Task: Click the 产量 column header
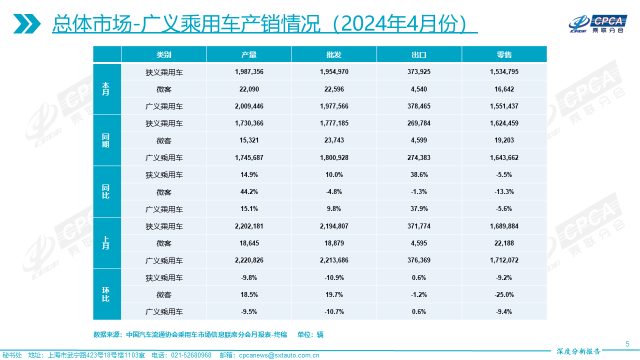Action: (x=249, y=54)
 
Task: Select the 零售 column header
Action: (x=504, y=54)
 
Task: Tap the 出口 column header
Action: (x=419, y=54)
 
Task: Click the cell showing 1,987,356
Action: (x=249, y=72)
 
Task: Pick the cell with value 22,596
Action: (x=334, y=89)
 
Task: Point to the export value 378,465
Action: (x=419, y=106)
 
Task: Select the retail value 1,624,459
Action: (x=504, y=123)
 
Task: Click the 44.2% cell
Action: (x=249, y=192)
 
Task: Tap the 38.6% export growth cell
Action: (x=419, y=175)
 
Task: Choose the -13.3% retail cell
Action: (x=504, y=192)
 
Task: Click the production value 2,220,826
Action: (x=249, y=260)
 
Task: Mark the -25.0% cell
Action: (x=504, y=294)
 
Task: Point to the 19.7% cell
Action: (x=334, y=294)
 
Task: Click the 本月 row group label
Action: (x=106, y=89)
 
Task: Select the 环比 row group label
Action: (x=106, y=294)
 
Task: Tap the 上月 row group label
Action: (x=106, y=243)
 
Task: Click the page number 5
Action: (x=627, y=343)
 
